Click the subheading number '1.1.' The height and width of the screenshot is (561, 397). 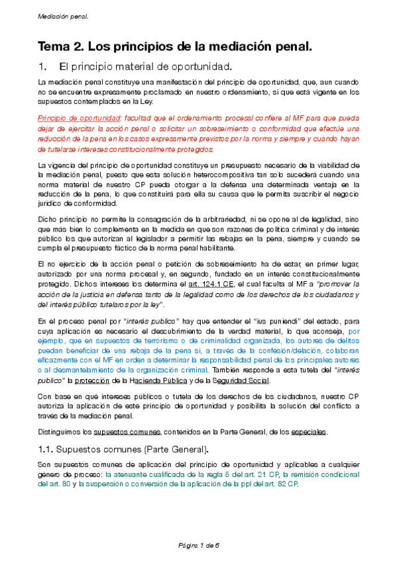tap(48, 451)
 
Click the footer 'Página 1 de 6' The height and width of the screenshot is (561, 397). tap(198, 544)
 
